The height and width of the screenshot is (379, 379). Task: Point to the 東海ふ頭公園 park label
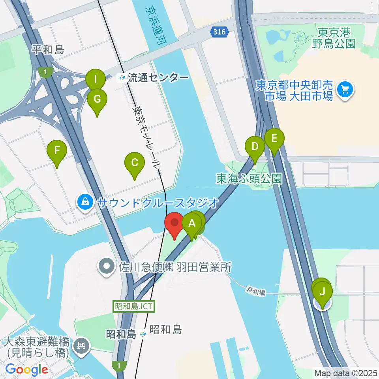pyautogui.click(x=249, y=179)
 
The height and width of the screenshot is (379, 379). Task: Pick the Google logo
pyautogui.click(x=27, y=370)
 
